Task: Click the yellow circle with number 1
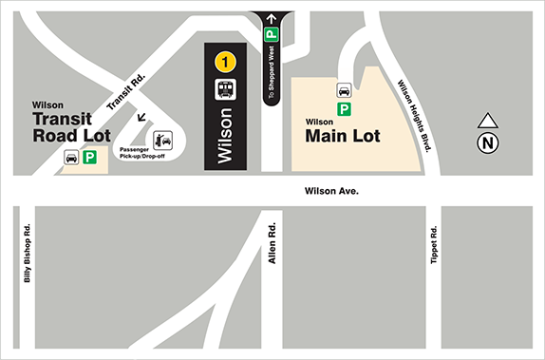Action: pos(225,63)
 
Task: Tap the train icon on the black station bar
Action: pos(225,90)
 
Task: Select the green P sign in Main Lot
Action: pos(343,107)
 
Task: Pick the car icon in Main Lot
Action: pos(343,90)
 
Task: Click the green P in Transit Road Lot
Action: pos(91,158)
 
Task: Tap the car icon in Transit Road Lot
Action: pos(70,158)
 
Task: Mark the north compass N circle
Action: pos(487,143)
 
